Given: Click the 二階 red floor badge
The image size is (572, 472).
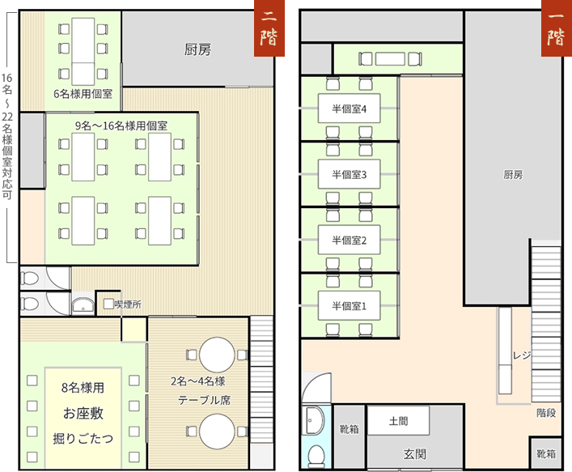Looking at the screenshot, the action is [269, 28].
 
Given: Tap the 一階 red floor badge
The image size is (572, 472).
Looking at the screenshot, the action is [557, 28].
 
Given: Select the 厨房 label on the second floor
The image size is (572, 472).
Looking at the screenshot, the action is [197, 49].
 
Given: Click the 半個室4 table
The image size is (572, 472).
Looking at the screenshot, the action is [350, 108].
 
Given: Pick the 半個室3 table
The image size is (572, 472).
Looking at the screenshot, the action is [350, 174].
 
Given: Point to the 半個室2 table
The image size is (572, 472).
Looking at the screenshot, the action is [350, 240].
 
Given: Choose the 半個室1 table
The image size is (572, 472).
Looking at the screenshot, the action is [350, 305].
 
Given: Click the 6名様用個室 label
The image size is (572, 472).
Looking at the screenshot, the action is [83, 94].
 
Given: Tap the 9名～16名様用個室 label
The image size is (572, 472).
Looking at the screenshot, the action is [121, 125].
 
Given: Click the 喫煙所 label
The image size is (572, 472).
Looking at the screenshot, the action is [128, 304].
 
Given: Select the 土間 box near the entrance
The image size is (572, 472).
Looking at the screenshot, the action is [398, 420].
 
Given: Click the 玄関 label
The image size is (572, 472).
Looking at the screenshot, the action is [415, 453].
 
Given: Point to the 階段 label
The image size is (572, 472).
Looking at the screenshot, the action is [546, 413].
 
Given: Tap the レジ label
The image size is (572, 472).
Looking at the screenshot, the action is [522, 355].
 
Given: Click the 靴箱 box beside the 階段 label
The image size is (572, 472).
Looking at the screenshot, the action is [546, 453].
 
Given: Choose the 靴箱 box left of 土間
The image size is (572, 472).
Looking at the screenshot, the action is [350, 436].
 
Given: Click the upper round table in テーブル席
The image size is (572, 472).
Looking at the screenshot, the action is [217, 355].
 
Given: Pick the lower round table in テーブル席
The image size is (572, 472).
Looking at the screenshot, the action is [217, 432].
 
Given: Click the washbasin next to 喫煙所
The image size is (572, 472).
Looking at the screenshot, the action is [83, 304].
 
